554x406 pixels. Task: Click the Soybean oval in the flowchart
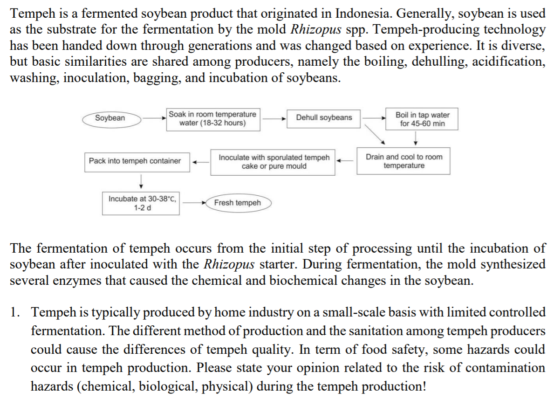click(110, 118)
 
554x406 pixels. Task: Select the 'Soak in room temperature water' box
click(212, 119)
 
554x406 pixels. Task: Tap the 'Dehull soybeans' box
click(324, 117)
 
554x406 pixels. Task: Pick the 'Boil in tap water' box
click(422, 119)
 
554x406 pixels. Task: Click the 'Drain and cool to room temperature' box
click(404, 161)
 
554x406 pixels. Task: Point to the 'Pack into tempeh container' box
click(135, 161)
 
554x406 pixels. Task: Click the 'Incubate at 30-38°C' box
click(141, 203)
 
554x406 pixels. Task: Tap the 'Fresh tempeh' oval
click(237, 203)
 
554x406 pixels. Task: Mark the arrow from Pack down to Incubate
click(140, 180)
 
